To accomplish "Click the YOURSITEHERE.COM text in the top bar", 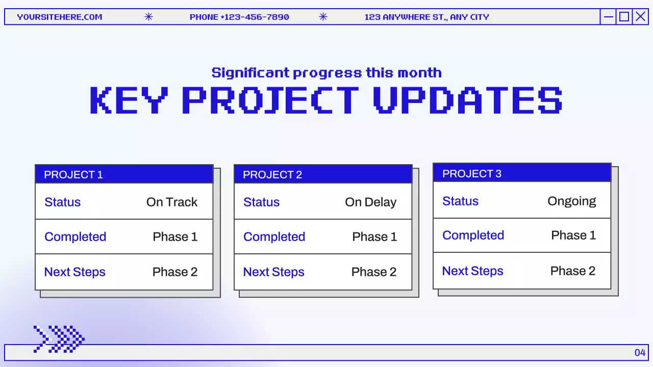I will point(60,17).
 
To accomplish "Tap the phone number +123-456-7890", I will point(239,17).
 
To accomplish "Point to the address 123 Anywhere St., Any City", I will point(426,17).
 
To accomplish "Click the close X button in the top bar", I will point(640,17).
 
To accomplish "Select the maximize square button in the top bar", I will point(624,17).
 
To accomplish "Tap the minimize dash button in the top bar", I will point(608,17).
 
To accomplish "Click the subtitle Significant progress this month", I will point(326,73).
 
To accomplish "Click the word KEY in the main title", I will point(128,100).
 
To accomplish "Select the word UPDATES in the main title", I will point(467,100).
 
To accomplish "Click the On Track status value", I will point(171,202).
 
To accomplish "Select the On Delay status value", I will point(370,202).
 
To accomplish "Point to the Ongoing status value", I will point(571,201).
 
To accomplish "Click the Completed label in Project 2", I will point(274,237).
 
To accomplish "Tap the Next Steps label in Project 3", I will point(472,271).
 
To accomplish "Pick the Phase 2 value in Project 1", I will point(174,272).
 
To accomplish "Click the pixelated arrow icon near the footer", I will point(59,339).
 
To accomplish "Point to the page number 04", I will point(640,353).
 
